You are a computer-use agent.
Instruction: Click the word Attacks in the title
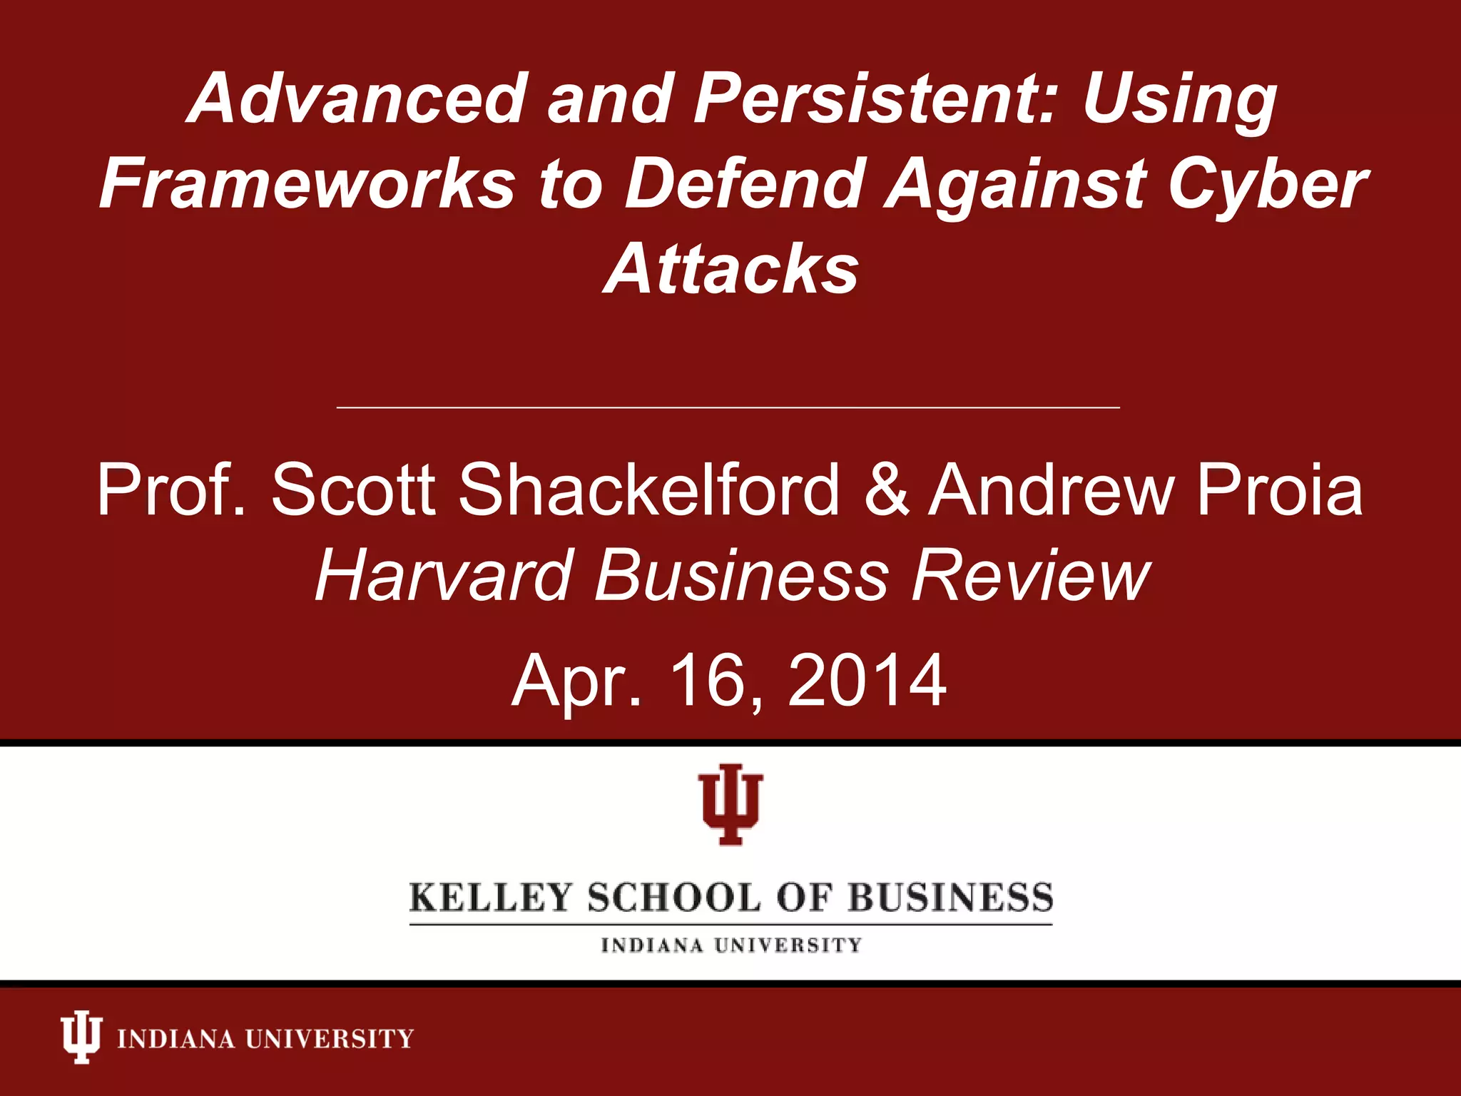click(x=730, y=269)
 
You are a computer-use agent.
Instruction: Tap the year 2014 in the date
click(x=867, y=681)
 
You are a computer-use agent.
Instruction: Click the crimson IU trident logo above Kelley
click(x=730, y=804)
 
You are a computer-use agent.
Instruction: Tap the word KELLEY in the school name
click(x=492, y=898)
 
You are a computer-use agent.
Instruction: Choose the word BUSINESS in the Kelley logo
click(x=950, y=898)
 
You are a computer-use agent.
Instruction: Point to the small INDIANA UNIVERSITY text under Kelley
click(x=730, y=945)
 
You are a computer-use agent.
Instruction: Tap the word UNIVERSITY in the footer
click(x=330, y=1038)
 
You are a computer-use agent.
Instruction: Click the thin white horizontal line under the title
click(x=728, y=407)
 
